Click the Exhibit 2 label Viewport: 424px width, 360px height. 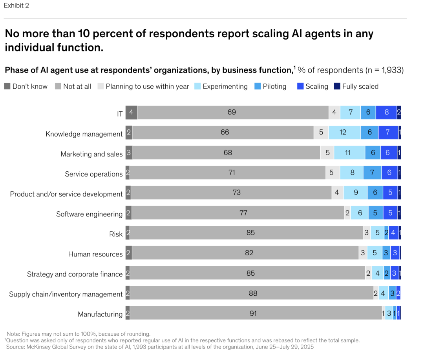pos(16,5)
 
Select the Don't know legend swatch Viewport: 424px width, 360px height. pos(7,86)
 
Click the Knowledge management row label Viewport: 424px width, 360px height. pos(84,134)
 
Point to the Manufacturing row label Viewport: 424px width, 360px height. pos(100,314)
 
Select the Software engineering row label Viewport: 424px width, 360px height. pos(90,214)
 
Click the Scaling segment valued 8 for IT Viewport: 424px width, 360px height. pos(386,112)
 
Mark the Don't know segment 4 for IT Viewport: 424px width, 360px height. pos(131,112)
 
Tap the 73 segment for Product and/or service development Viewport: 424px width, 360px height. pos(236,193)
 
